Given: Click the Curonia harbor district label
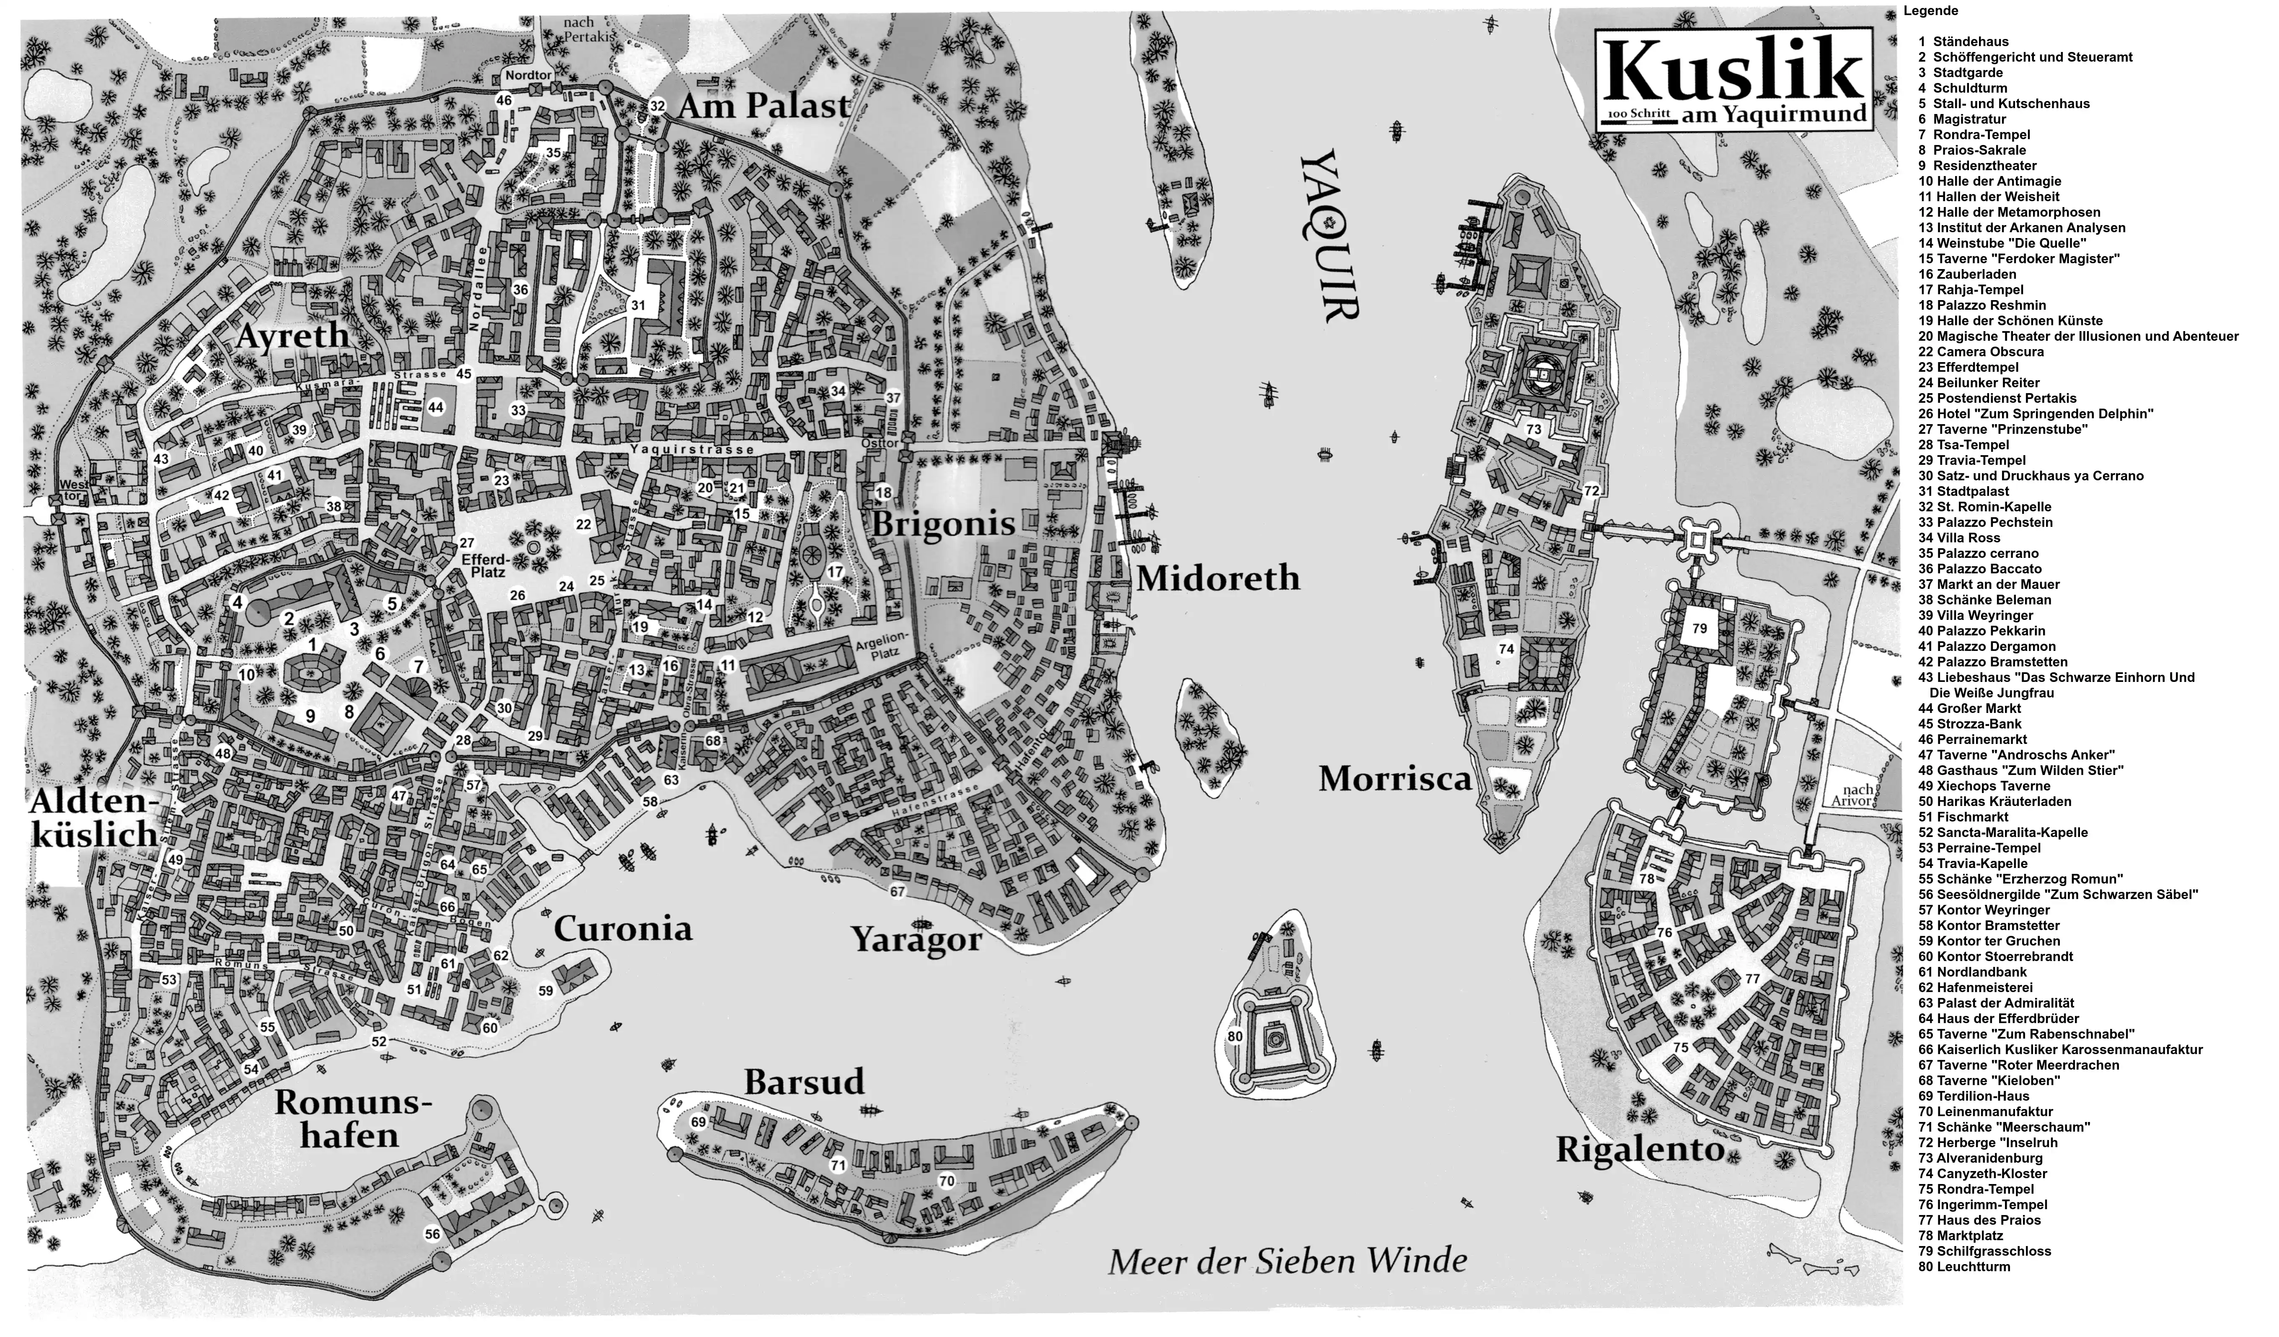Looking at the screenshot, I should point(623,929).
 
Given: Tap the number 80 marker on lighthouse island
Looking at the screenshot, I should point(1235,1036).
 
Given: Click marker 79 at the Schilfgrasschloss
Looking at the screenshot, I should point(1700,628).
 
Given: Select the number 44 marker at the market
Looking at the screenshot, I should point(436,408).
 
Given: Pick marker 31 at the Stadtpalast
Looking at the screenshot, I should point(639,306).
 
